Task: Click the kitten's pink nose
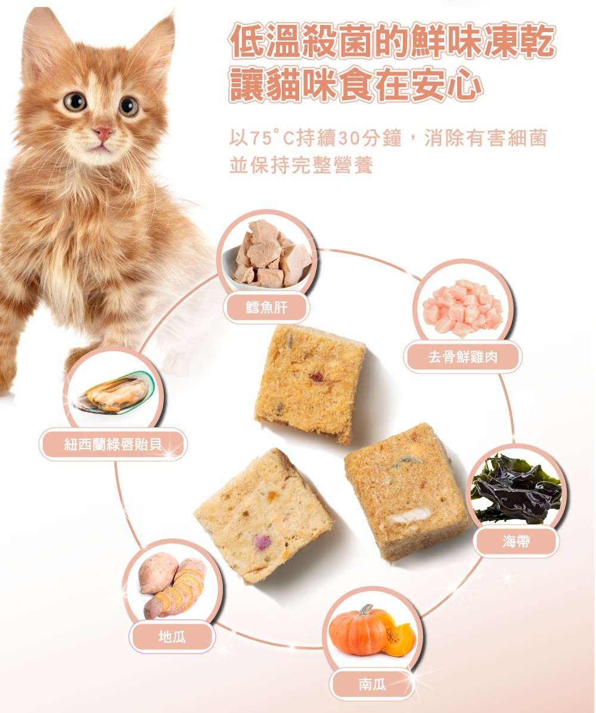(x=103, y=133)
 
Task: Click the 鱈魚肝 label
(x=266, y=307)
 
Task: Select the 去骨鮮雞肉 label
(x=462, y=357)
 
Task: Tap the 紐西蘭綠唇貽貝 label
(x=113, y=444)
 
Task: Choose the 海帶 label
(x=516, y=541)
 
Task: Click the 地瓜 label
(x=172, y=637)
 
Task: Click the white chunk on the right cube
(x=411, y=516)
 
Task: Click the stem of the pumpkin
(x=365, y=610)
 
